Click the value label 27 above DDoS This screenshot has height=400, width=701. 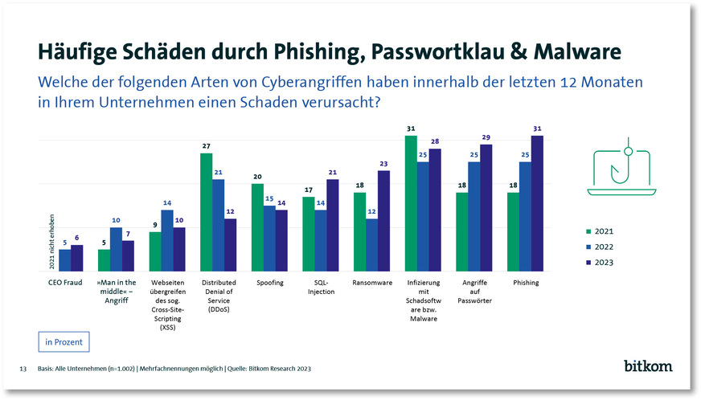click(207, 146)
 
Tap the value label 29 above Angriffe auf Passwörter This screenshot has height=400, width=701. click(486, 138)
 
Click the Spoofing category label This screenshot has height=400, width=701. click(269, 283)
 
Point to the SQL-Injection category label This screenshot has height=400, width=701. click(321, 287)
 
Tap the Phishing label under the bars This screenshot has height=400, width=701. click(526, 283)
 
